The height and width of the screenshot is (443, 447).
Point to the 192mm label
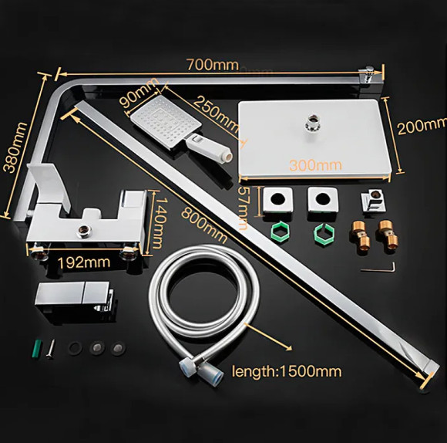[x=82, y=262]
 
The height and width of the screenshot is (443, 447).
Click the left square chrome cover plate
[x=275, y=201]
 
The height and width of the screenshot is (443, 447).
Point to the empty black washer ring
[x=76, y=347]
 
